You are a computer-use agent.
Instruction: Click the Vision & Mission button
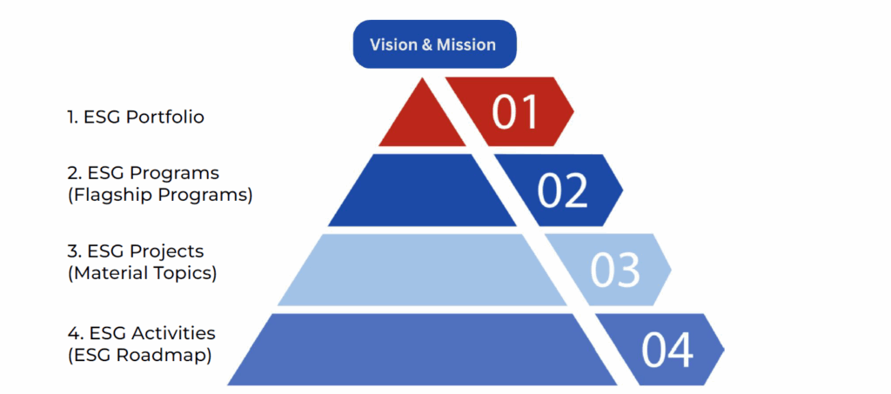[x=434, y=44]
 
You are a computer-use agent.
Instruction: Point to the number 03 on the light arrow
[x=615, y=270]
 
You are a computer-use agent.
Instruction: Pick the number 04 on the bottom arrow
[x=667, y=350]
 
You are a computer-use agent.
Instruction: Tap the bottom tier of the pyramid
[x=409, y=350]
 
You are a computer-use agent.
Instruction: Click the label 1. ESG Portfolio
[x=136, y=117]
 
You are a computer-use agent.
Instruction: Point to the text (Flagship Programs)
[x=159, y=195]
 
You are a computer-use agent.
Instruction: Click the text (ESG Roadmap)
[x=139, y=354]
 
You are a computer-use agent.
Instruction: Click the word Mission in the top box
[x=468, y=44]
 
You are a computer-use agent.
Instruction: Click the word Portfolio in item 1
[x=164, y=117]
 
